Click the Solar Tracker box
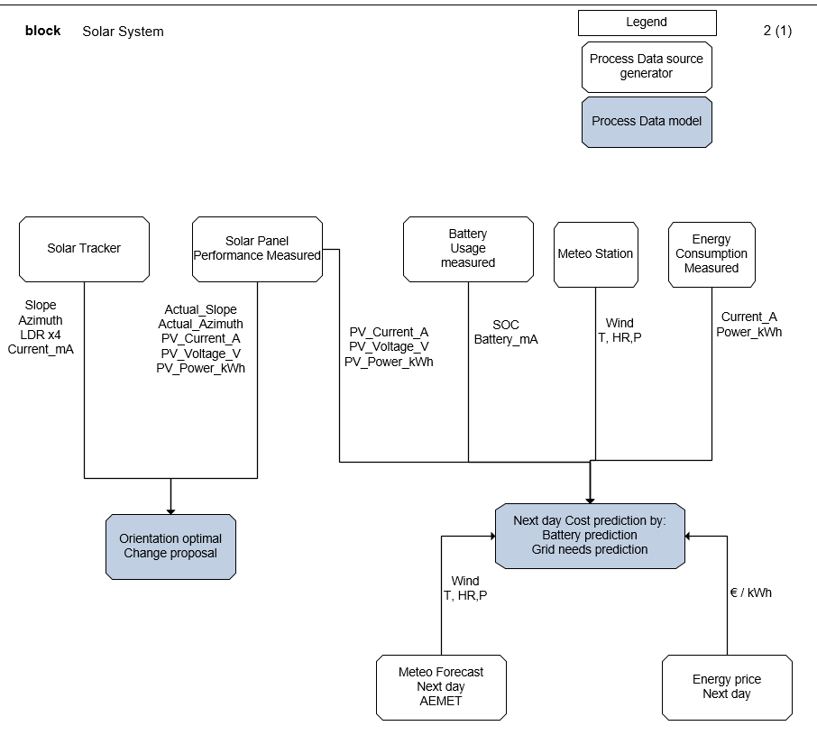pos(84,249)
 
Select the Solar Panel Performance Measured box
pos(257,249)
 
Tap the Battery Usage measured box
pos(468,248)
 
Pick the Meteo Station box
pos(595,254)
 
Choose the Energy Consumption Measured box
pos(711,254)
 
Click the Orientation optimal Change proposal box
pos(170,547)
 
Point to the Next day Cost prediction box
pos(590,536)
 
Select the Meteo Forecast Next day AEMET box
pos(441,687)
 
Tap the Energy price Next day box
pos(727,687)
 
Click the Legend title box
pos(647,23)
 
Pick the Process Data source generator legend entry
pos(647,67)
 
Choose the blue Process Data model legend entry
pos(647,122)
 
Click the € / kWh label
pos(750,593)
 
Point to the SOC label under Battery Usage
pos(506,325)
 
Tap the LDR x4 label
pos(41,335)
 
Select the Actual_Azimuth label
pos(200,324)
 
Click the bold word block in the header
pos(42,31)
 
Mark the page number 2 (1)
pos(776,31)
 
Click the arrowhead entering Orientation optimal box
pos(170,509)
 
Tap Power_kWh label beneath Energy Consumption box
pos(748,332)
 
